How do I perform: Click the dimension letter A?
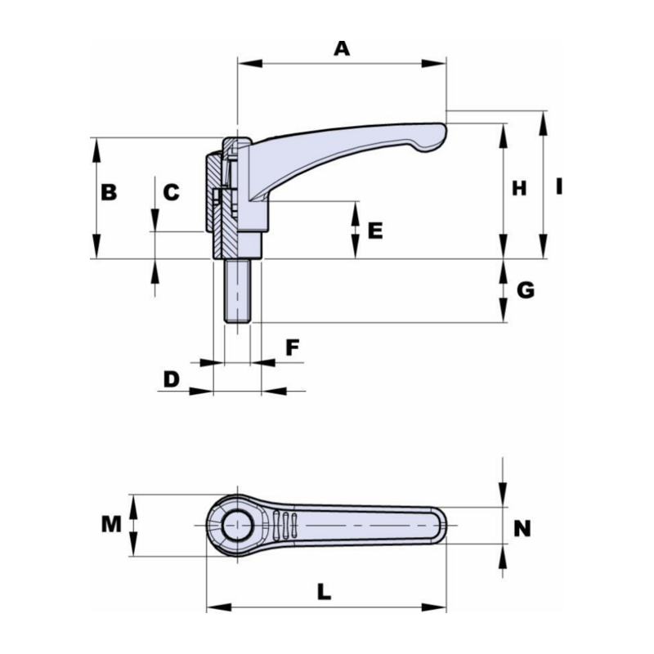click(x=342, y=48)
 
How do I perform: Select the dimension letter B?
click(x=109, y=193)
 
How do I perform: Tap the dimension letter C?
click(x=171, y=193)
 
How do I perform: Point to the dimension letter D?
click(x=172, y=379)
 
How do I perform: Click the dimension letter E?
click(x=375, y=231)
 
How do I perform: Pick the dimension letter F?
click(x=293, y=347)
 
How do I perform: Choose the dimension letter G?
click(x=526, y=290)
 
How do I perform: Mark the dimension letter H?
click(x=519, y=189)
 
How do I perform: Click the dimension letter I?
click(x=559, y=186)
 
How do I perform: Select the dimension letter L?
click(x=324, y=592)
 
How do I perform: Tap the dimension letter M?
click(x=111, y=525)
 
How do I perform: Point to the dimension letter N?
click(x=522, y=529)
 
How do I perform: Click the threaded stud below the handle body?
click(x=237, y=291)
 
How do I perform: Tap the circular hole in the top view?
click(x=237, y=526)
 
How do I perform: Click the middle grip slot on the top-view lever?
click(x=285, y=525)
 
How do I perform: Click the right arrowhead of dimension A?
click(x=434, y=64)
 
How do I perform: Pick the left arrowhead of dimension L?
click(x=219, y=607)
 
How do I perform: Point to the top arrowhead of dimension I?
click(x=543, y=123)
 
